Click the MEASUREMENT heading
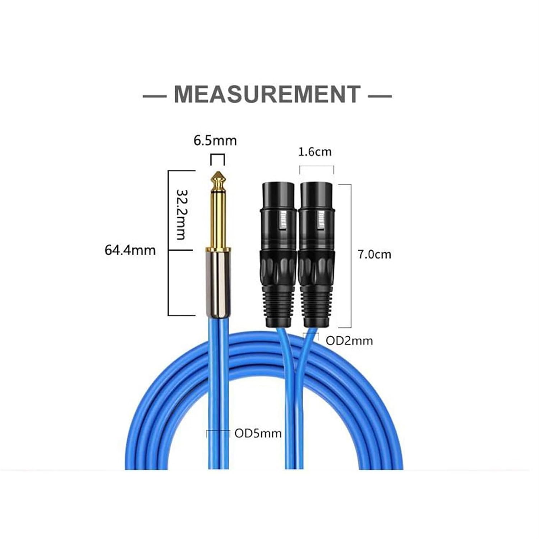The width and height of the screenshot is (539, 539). coord(267,94)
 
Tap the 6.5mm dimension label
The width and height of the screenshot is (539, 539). coord(215,140)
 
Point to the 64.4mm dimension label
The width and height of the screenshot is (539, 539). coord(130,250)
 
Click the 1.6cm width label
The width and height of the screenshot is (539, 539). coord(315,152)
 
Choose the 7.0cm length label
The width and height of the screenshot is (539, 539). coord(374,254)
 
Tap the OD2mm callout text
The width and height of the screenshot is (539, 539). coord(349,341)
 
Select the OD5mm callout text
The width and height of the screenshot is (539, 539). coord(258,433)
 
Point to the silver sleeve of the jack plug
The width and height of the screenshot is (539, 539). coord(217,282)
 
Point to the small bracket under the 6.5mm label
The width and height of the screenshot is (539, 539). coord(217,156)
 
